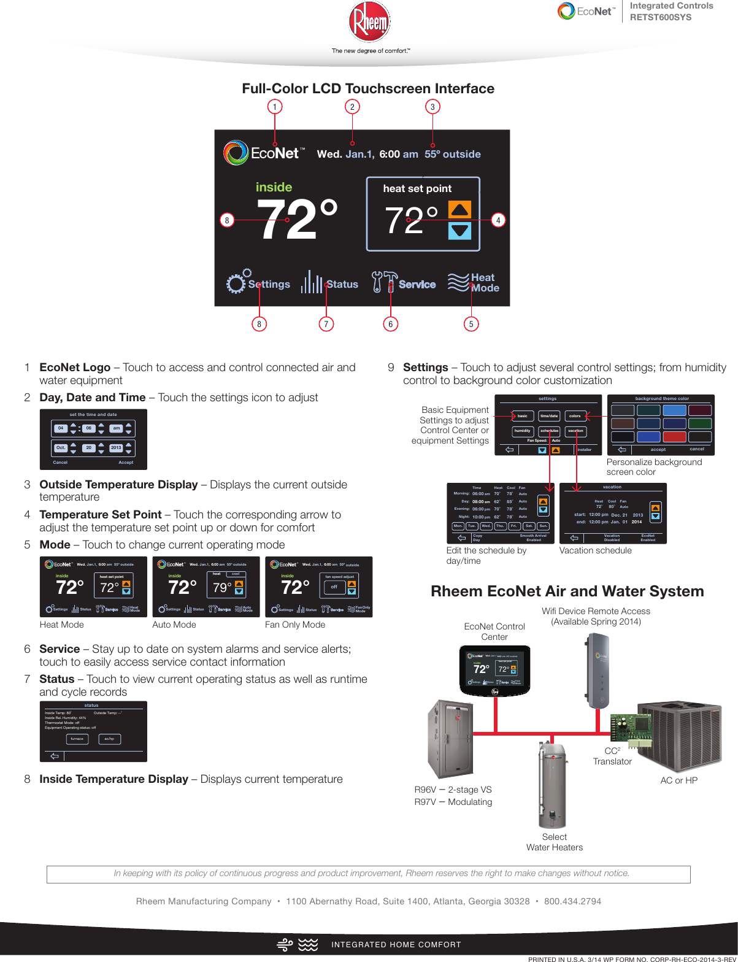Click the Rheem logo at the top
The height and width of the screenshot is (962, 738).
tap(369, 23)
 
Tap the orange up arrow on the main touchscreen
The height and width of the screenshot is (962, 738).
tap(459, 210)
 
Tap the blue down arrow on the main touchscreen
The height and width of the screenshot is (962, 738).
tap(459, 231)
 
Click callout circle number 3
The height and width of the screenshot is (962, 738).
tap(432, 107)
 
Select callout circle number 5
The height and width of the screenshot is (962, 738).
tap(471, 324)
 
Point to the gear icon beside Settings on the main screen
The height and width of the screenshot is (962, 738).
tap(237, 283)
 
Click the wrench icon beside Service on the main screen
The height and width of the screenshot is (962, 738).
tap(384, 282)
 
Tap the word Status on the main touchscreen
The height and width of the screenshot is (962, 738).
tap(342, 284)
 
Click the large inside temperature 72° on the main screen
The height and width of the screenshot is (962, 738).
tap(297, 219)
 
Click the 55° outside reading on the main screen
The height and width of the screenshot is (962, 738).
tap(453, 154)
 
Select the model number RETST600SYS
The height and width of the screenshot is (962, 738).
tap(661, 17)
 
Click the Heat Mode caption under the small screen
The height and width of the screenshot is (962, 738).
tap(61, 625)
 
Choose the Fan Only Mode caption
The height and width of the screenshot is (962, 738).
tap(295, 625)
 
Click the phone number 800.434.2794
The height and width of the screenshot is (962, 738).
tap(572, 901)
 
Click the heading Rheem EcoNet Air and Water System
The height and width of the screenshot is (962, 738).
tap(567, 591)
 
